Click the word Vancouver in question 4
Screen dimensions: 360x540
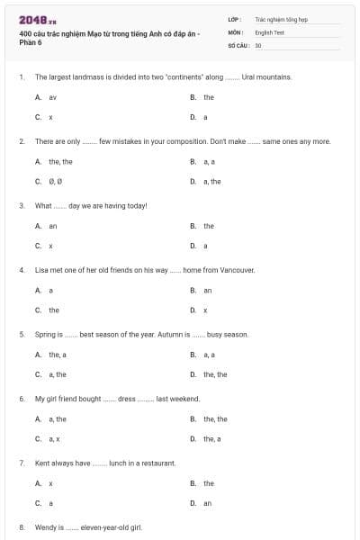[x=239, y=269]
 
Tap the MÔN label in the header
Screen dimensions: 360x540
[x=236, y=31]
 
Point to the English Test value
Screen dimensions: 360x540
[x=270, y=31]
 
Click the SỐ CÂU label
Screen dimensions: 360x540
[x=238, y=44]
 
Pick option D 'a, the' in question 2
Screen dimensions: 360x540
[x=211, y=182]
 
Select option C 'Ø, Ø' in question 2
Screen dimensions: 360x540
[x=54, y=182]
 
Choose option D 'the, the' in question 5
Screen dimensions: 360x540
[x=214, y=374]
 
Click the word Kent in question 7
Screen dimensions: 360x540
[x=42, y=463]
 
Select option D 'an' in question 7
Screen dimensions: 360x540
[x=207, y=503]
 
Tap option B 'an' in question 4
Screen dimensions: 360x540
[x=207, y=290]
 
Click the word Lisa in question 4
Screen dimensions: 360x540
[x=41, y=269]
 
